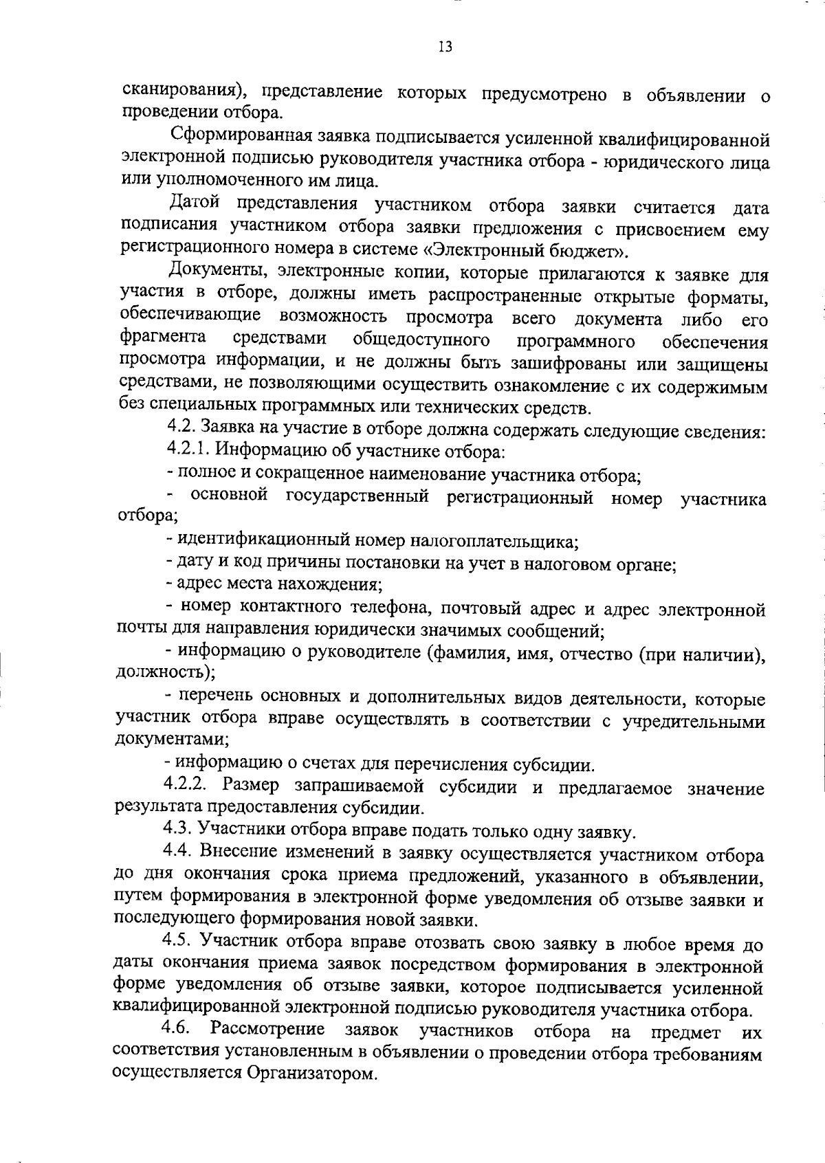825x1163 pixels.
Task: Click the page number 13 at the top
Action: [x=444, y=47]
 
